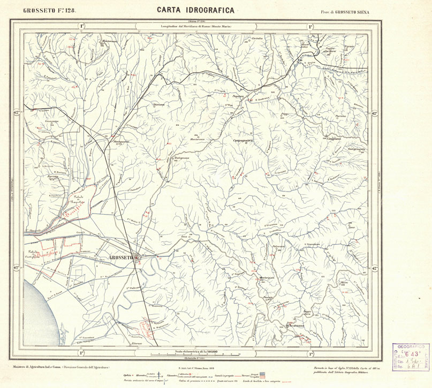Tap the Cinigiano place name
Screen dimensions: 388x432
point(335,138)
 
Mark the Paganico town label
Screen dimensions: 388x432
point(237,97)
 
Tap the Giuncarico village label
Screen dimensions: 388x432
point(51,120)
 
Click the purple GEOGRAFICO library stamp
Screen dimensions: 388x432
point(411,356)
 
